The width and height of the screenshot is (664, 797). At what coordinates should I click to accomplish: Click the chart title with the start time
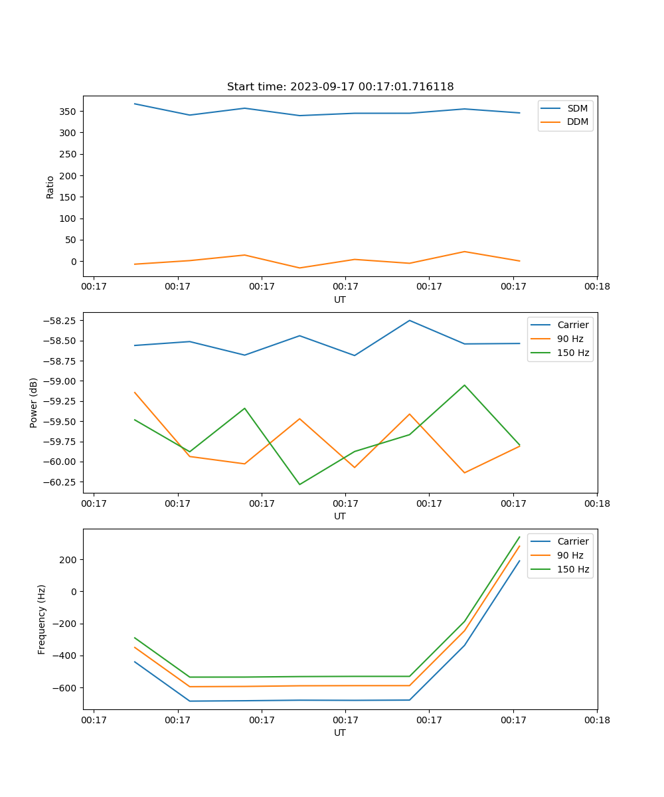point(340,87)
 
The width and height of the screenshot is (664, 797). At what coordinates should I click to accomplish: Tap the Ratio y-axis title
point(50,187)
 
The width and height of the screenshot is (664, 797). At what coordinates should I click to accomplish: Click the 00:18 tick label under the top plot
point(596,287)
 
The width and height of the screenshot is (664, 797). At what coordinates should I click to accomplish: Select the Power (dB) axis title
point(34,403)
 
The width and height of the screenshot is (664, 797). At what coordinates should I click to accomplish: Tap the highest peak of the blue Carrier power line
point(409,321)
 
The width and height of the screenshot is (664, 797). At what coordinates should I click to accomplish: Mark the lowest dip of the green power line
point(299,484)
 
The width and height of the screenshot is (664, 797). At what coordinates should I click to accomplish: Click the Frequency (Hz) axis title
point(42,619)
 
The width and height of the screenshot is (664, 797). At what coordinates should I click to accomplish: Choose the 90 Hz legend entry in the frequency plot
point(570,555)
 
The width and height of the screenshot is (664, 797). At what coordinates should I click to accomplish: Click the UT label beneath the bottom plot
point(340,733)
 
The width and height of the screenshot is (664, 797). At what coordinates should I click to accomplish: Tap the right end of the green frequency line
point(519,537)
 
